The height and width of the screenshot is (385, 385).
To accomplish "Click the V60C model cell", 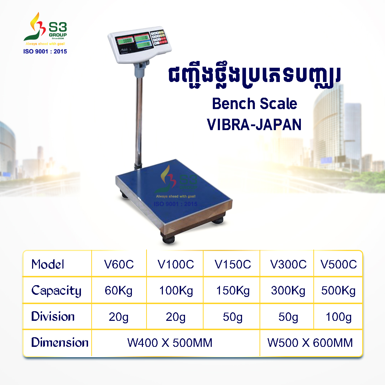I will coord(119,265).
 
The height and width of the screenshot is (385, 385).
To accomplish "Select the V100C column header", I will coord(176,265).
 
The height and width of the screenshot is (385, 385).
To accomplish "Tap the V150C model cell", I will coord(233,265).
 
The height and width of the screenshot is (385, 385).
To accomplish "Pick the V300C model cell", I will coord(288,265).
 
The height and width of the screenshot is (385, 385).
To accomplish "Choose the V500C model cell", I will coord(339,265).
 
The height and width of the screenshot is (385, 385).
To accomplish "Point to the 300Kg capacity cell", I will coord(288,291).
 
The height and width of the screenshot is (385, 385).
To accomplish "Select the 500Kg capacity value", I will coord(339,291).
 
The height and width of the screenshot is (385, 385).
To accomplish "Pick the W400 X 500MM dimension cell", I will coord(170,343).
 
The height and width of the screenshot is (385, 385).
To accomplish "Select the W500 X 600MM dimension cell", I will coord(310,343).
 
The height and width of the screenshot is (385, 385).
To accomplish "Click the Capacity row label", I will coord(56,291).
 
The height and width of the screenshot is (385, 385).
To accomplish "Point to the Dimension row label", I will coord(60,343).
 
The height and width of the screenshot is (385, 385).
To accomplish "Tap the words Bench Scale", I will coord(254,104).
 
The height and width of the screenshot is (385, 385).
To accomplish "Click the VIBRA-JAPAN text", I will coord(254,125).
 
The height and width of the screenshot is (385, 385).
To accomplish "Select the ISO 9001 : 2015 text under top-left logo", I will coord(45,51).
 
